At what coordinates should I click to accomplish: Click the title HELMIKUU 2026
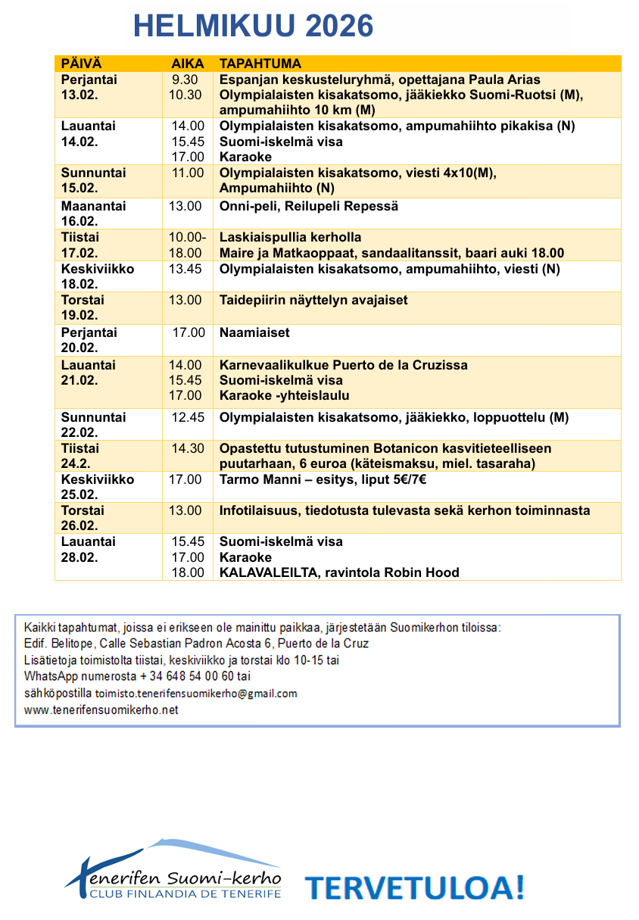[253, 27]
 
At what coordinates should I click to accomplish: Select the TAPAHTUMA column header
[260, 64]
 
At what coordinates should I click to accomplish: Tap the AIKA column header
[187, 64]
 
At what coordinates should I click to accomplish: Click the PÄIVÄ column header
[82, 64]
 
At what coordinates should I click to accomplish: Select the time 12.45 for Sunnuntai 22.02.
[187, 417]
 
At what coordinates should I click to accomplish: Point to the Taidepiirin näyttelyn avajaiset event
[313, 300]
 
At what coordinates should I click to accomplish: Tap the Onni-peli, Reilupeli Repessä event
[308, 206]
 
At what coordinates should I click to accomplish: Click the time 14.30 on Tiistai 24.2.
[187, 448]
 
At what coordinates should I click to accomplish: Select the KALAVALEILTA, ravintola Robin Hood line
[339, 572]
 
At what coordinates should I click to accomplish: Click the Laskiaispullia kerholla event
[290, 237]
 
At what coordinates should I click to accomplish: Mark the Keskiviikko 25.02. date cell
[97, 487]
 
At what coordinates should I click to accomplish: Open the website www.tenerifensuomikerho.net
[101, 710]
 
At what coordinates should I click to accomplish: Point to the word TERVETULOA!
[414, 886]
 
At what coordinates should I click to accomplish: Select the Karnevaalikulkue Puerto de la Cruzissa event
[343, 365]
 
